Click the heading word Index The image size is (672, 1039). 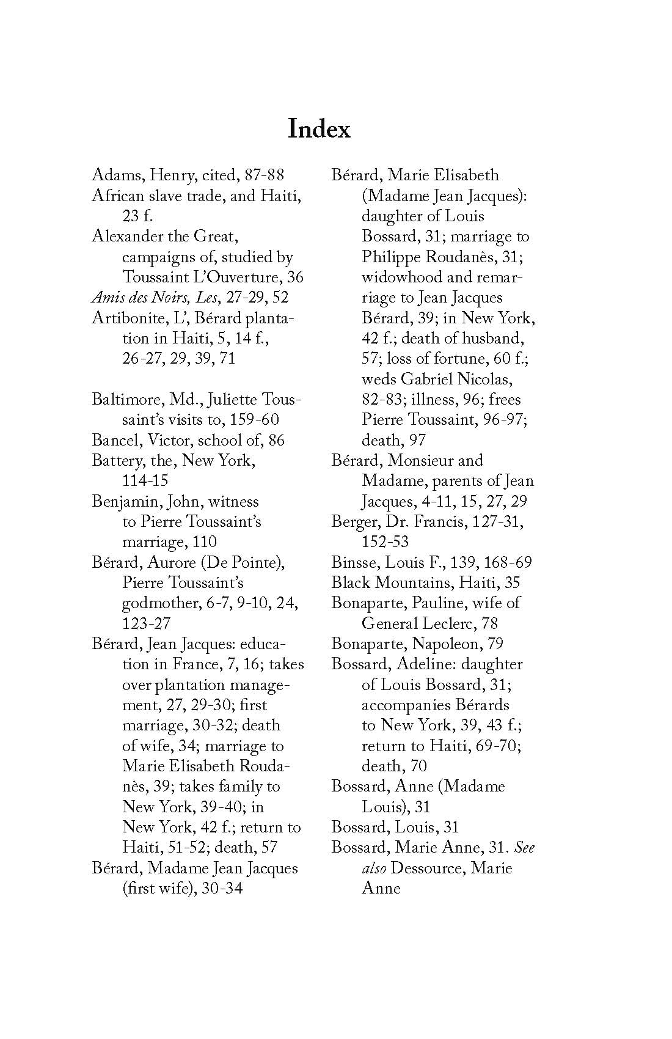pos(319,130)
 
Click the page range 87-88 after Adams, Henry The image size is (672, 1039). pos(265,175)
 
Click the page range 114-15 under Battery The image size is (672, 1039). pos(145,481)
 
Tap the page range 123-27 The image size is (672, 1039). pos(146,623)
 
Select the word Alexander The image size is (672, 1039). pos(128,237)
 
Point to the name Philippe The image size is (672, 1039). pos(391,257)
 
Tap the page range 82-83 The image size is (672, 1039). pos(382,400)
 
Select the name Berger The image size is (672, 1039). pos(354,522)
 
